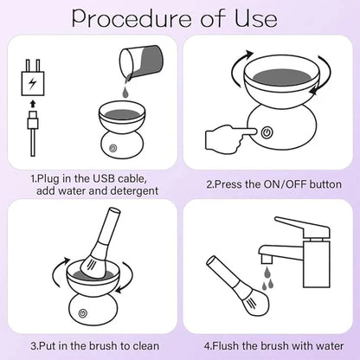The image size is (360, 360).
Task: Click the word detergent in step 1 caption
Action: point(129,189)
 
